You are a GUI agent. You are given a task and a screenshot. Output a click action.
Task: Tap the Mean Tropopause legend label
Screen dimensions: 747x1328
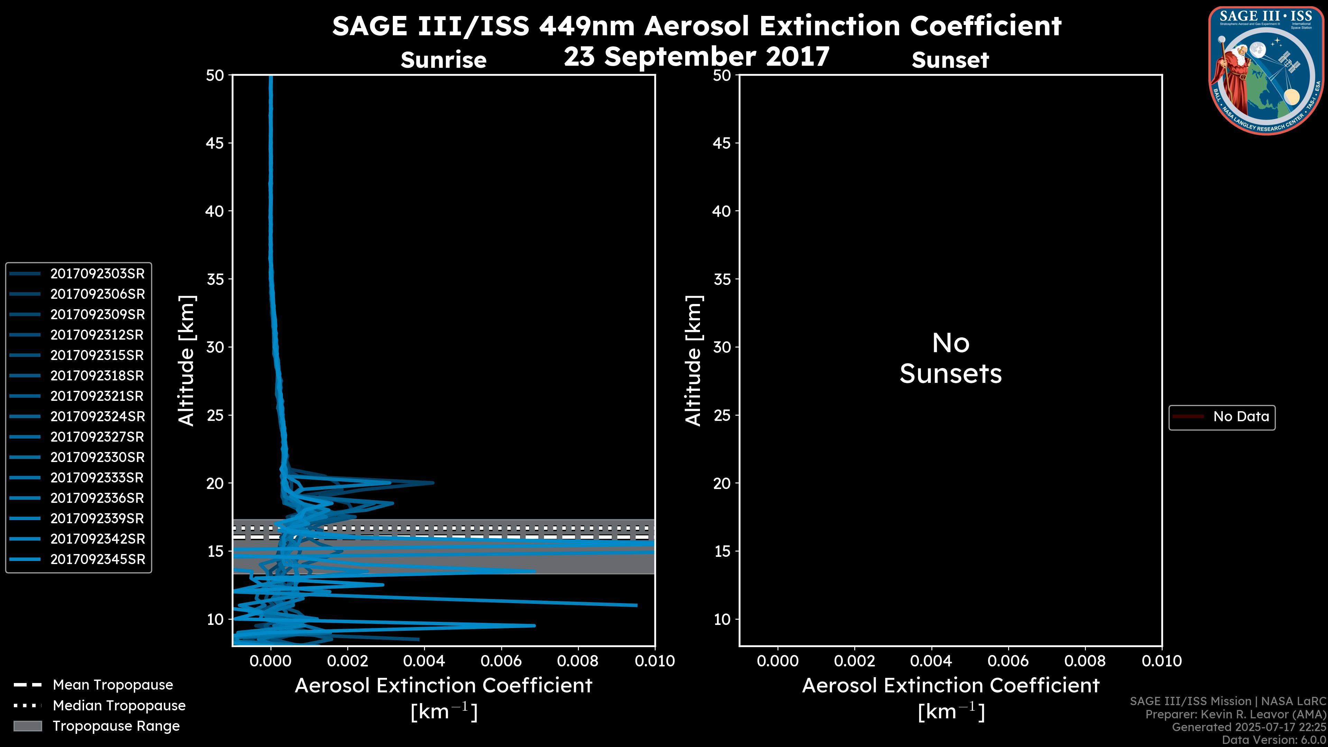click(x=112, y=685)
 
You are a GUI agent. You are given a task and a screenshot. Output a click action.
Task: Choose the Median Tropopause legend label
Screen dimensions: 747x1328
click(x=119, y=706)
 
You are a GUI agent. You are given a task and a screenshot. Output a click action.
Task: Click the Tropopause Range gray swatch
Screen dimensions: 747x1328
click(x=28, y=726)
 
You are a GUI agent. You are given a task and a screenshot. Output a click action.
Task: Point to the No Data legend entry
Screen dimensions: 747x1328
click(x=1241, y=416)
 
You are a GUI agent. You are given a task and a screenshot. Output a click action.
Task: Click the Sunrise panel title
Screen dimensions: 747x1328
click(x=443, y=60)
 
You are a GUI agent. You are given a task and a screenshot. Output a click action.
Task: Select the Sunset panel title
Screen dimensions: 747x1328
click(x=950, y=60)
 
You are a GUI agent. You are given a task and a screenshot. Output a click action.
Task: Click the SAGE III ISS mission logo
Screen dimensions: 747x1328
click(x=1266, y=70)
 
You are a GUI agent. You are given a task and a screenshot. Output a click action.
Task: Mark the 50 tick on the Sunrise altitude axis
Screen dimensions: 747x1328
click(x=215, y=76)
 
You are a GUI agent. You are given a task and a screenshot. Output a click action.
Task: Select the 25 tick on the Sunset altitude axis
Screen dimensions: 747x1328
click(x=722, y=415)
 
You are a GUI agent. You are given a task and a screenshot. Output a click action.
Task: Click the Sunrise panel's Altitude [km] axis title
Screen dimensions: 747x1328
click(x=186, y=361)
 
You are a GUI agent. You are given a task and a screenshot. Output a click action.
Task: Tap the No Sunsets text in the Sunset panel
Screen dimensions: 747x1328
click(x=950, y=359)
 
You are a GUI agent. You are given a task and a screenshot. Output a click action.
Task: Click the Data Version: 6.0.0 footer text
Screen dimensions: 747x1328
click(x=1273, y=740)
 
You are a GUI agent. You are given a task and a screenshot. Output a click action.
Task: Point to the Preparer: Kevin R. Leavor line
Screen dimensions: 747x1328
click(x=1235, y=714)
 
